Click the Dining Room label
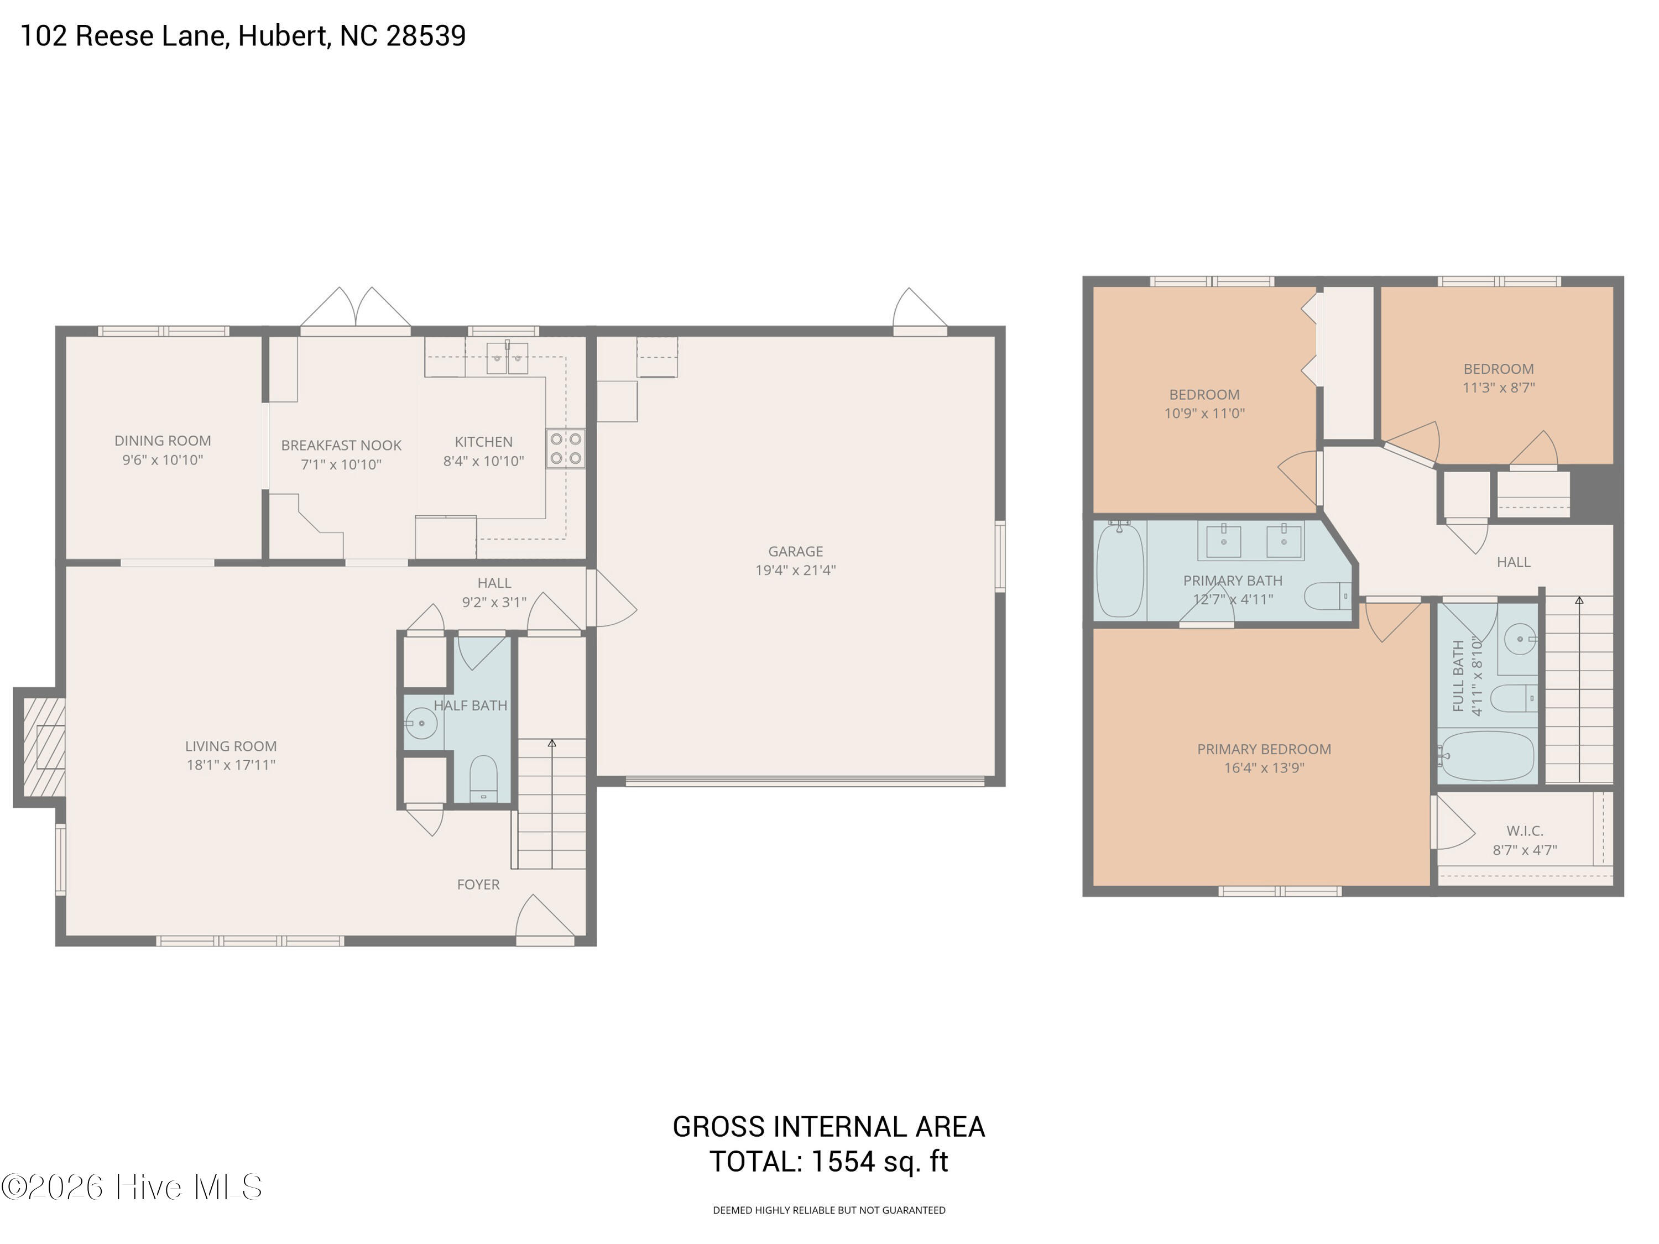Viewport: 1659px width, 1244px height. pyautogui.click(x=163, y=441)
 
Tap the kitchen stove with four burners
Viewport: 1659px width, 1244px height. pyautogui.click(x=566, y=448)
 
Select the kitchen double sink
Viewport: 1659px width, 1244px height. pyautogui.click(x=507, y=358)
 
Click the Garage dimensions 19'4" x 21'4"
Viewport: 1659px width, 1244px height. pyautogui.click(x=795, y=570)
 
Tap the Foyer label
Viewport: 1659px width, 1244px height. pyautogui.click(x=478, y=885)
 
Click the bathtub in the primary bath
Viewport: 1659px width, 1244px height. pyautogui.click(x=1120, y=571)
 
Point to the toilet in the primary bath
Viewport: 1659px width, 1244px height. pyautogui.click(x=1328, y=596)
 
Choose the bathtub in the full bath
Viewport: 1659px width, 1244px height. pyautogui.click(x=1486, y=756)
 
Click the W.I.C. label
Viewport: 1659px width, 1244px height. pyautogui.click(x=1525, y=831)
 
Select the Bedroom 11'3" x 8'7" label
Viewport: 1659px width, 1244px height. pyautogui.click(x=1499, y=378)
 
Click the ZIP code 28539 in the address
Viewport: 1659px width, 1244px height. pyautogui.click(x=425, y=35)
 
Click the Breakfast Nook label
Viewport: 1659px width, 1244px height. pyautogui.click(x=341, y=446)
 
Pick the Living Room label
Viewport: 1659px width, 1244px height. pyautogui.click(x=231, y=746)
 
